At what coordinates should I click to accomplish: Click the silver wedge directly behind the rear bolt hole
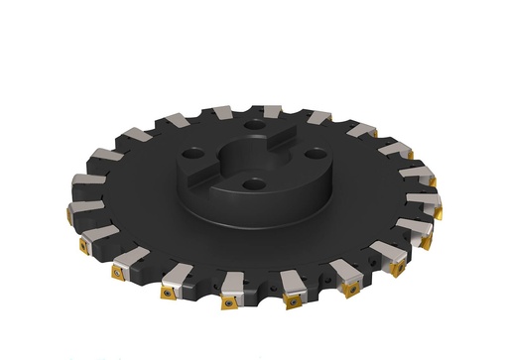pyautogui.click(x=268, y=110)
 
